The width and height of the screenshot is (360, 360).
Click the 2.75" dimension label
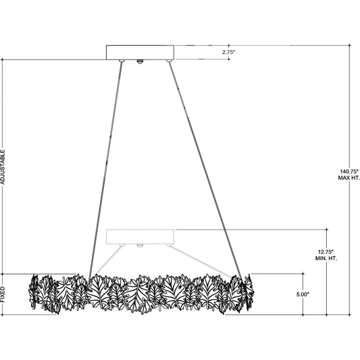pyautogui.click(x=229, y=52)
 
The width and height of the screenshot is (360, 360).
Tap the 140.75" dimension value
pyautogui.click(x=349, y=172)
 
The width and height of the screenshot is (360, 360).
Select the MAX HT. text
pyautogui.click(x=349, y=178)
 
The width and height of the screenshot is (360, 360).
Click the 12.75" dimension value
pyautogui.click(x=326, y=252)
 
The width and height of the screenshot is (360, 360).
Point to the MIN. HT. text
pyautogui.click(x=326, y=258)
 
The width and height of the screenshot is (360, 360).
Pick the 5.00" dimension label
pyautogui.click(x=303, y=294)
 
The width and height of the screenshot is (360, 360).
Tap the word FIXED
pyautogui.click(x=3, y=294)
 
